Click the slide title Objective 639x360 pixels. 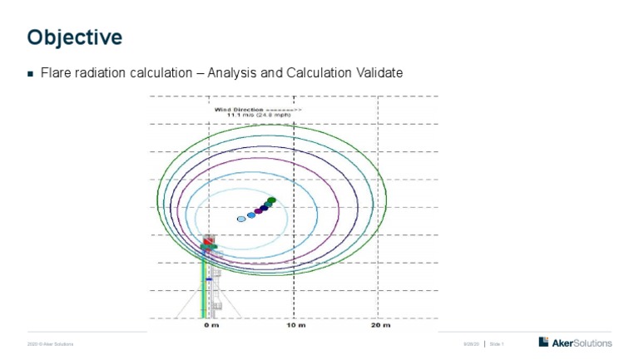coord(75,37)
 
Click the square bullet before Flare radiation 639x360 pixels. coord(31,74)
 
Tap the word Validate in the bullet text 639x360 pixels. coord(379,73)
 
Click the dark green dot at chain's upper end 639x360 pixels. coord(271,200)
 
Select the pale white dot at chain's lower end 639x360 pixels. coord(241,219)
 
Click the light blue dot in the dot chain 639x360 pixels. coord(250,215)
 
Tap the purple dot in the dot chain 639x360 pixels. coord(258,211)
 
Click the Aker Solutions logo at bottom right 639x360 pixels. coord(575,343)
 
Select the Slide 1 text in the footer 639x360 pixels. coord(498,343)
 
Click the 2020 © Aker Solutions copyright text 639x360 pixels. coord(51,343)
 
